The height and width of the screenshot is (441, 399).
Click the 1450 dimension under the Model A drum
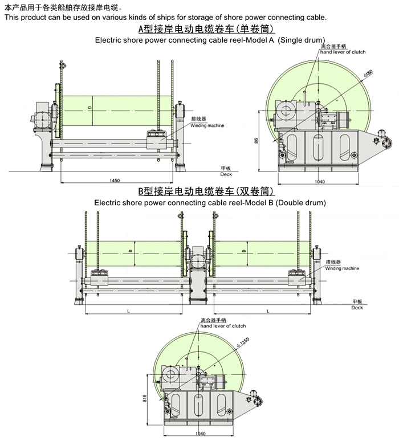point(114,180)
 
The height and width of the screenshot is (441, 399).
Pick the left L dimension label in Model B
point(129,311)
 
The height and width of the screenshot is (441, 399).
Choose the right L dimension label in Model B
point(267,311)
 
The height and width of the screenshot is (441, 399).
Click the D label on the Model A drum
point(89,108)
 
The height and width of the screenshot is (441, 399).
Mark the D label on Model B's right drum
point(243,251)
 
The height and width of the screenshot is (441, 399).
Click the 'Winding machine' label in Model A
point(207,125)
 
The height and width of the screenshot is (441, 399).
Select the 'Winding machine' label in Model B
point(343,268)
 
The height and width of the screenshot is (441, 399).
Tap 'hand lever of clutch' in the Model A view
point(342,52)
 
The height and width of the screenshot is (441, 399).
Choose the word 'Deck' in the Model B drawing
point(357,308)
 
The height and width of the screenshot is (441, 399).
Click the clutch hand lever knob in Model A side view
point(306,90)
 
